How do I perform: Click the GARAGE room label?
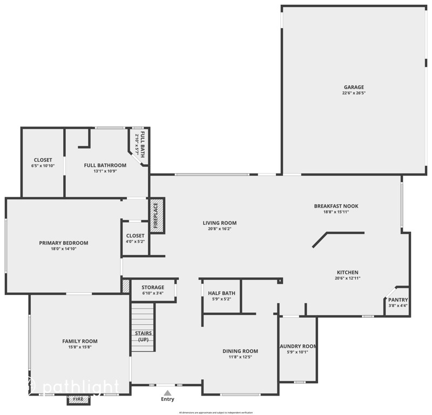354,87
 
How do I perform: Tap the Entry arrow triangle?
167,393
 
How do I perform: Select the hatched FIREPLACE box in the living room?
157,216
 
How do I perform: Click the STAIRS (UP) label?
143,336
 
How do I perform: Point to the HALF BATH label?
221,293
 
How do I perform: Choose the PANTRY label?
398,300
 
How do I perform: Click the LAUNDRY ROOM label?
298,346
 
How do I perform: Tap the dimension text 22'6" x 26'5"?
354,93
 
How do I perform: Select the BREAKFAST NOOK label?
336,206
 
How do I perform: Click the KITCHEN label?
347,272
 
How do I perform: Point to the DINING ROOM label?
240,351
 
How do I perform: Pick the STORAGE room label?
153,287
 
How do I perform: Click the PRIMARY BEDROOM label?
63,243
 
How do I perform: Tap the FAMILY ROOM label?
79,341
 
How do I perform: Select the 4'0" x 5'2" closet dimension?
135,242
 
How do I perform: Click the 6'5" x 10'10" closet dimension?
43,166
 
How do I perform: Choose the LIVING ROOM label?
219,223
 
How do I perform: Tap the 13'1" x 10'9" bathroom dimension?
105,171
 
